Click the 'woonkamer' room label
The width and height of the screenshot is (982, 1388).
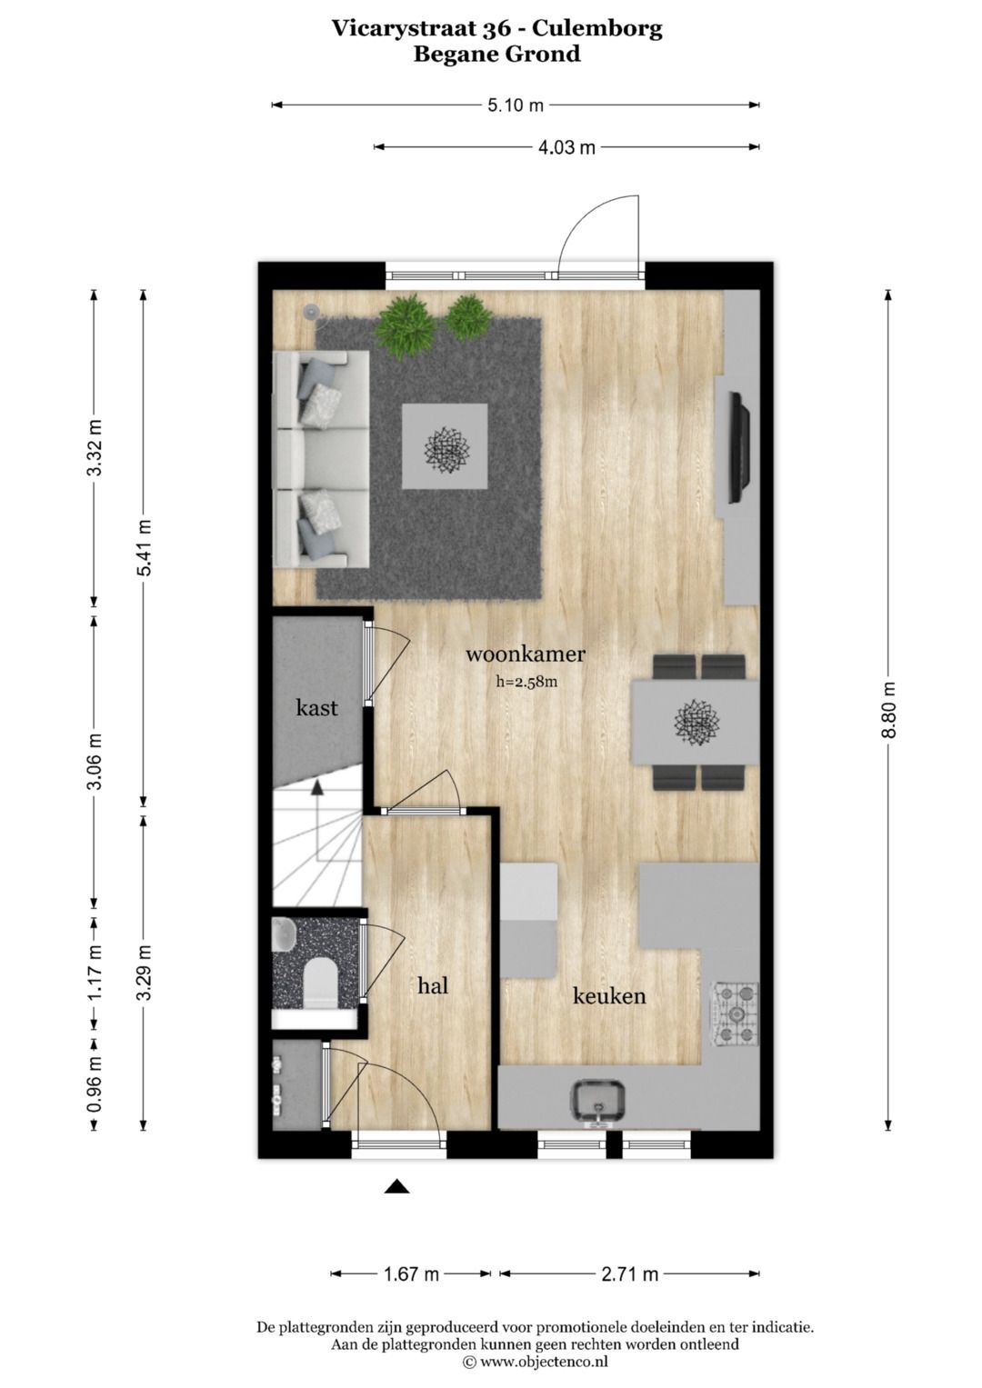tap(525, 654)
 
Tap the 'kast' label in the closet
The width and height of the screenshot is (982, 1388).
tap(316, 707)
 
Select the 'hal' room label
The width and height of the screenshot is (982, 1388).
tap(433, 985)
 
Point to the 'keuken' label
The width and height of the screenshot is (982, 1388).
tap(608, 996)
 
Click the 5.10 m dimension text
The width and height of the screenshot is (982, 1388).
tap(516, 105)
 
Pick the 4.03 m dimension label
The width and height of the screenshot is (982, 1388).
tap(566, 147)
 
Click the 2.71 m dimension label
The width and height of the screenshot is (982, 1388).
tap(629, 1273)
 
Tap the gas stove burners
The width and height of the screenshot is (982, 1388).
tap(734, 1014)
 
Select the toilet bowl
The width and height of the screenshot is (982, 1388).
tap(319, 984)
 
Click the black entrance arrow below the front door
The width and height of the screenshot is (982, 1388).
tap(396, 1186)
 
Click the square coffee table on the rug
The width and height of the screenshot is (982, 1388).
tap(446, 445)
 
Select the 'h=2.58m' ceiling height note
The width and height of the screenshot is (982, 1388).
tap(526, 679)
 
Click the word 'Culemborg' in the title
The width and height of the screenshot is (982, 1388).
tap(602, 28)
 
